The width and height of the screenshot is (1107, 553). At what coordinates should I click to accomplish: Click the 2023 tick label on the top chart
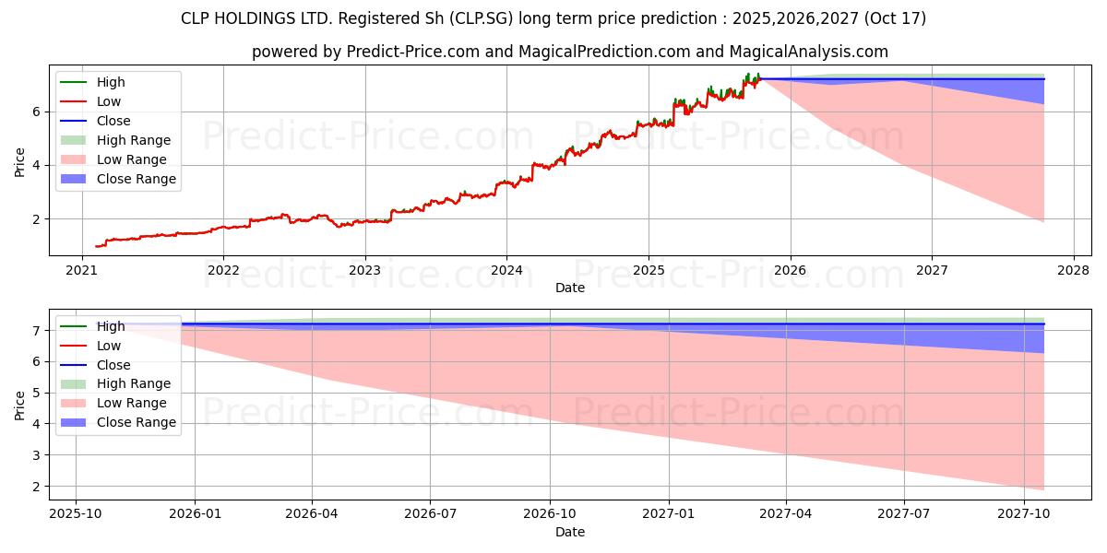click(x=364, y=270)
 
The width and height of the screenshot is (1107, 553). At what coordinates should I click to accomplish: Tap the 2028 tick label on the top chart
click(x=1073, y=270)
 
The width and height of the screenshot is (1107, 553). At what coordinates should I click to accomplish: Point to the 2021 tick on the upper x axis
click(x=82, y=270)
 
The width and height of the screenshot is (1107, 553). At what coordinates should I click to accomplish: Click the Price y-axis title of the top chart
click(x=19, y=160)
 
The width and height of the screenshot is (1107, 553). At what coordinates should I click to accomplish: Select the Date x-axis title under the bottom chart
click(x=570, y=532)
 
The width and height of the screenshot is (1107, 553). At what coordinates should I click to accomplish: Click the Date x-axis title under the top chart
click(x=570, y=288)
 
